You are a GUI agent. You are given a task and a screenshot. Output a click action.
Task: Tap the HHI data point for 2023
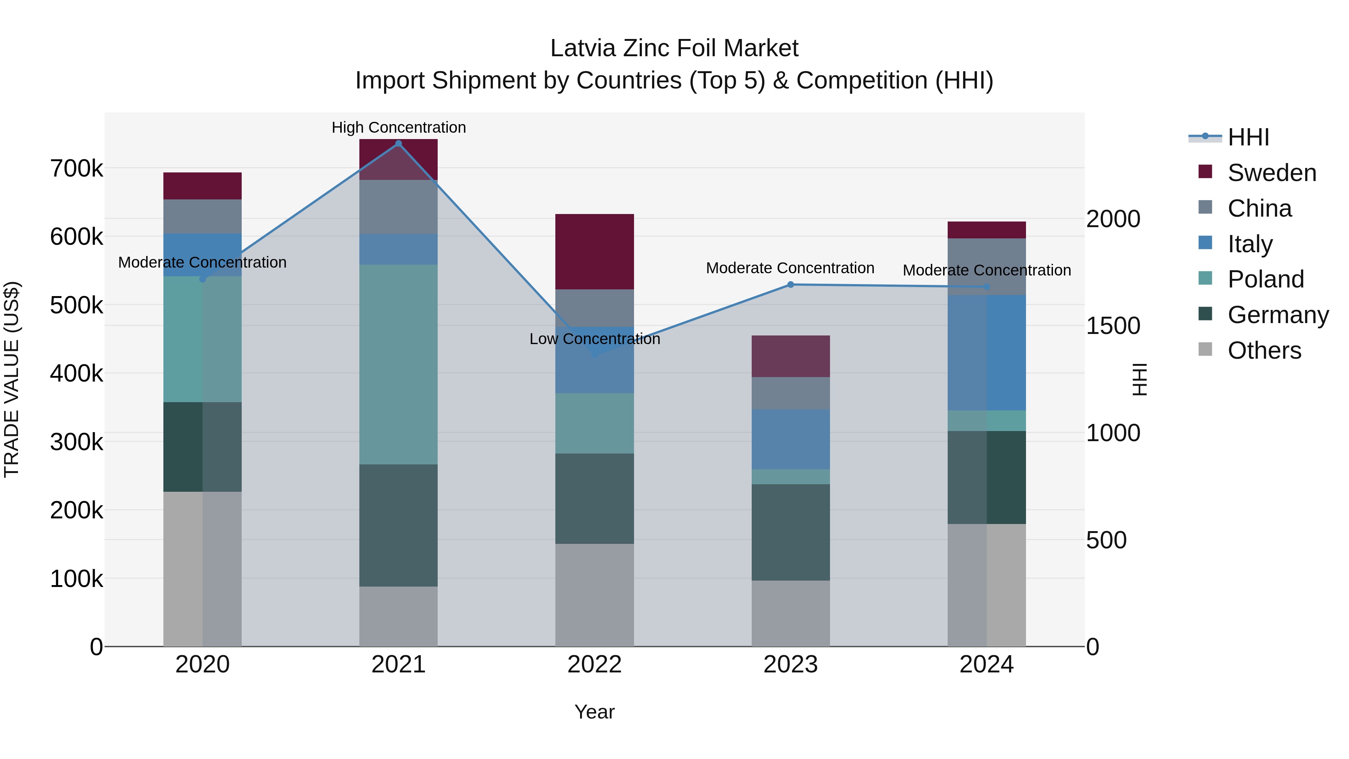click(790, 285)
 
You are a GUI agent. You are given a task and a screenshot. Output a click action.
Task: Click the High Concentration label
click(399, 127)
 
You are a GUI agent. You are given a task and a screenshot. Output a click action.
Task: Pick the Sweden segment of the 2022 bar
click(594, 252)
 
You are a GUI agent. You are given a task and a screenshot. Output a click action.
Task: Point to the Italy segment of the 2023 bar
click(790, 439)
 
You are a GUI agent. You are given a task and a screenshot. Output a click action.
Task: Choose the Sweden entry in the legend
click(1271, 173)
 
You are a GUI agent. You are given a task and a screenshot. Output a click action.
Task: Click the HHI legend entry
click(1248, 137)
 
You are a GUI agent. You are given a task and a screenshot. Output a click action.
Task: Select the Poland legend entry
click(1265, 279)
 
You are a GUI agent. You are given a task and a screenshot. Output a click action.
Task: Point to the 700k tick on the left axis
click(76, 169)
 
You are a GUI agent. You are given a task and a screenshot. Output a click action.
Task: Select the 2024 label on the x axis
click(986, 665)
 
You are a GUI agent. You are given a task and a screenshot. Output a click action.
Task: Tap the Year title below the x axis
click(594, 712)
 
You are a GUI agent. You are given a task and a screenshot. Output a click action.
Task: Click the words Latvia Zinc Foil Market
click(674, 48)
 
